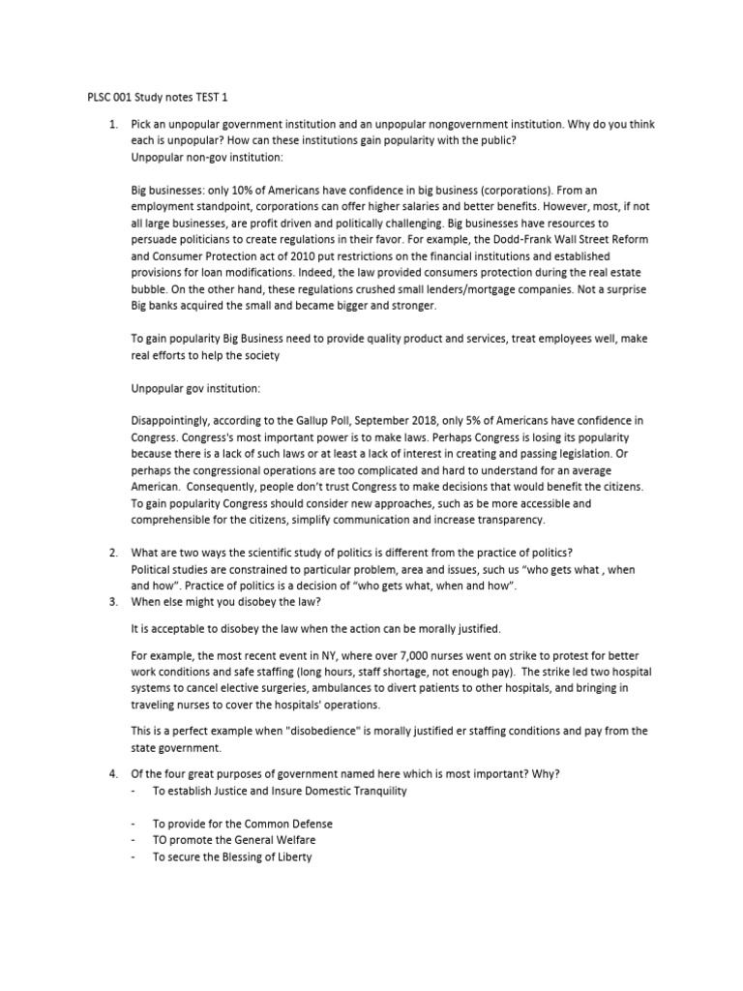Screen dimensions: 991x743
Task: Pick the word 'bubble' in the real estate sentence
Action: (x=148, y=289)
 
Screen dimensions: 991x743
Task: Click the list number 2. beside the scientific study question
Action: (x=113, y=553)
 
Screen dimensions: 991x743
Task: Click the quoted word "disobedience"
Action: (x=323, y=731)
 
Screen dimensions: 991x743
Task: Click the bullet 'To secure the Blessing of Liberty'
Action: (x=232, y=857)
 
